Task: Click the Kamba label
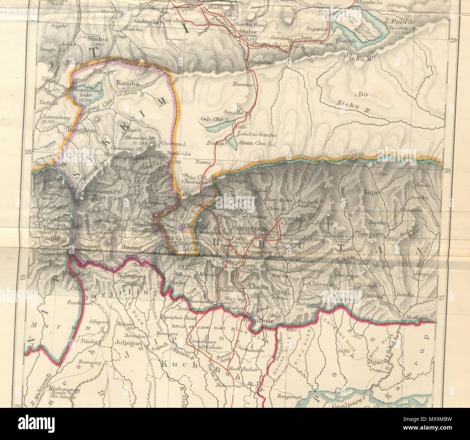coord(127,83)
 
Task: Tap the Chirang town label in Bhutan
coord(321,284)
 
